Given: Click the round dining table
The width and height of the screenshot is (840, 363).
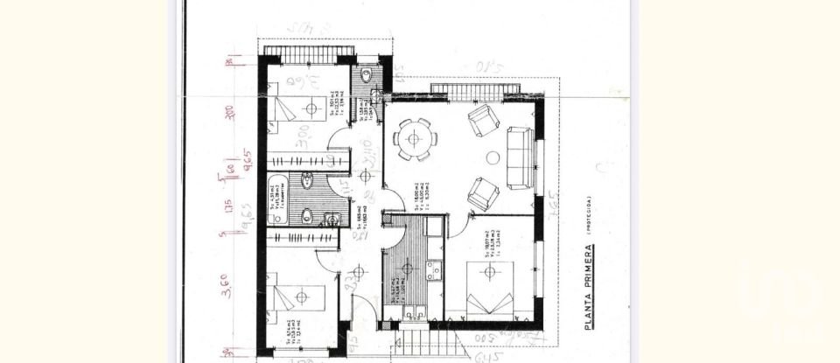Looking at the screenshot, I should click(411, 138).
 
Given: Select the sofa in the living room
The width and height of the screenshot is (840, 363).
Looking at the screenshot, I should click(521, 158).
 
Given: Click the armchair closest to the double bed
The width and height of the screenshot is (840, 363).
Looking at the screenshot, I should click(483, 192).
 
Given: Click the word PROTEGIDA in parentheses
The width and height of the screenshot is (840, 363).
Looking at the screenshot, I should click(591, 215).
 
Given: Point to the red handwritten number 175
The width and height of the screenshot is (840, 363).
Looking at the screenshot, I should click(227, 208).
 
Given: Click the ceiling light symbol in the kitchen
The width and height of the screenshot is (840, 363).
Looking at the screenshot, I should click(407, 262).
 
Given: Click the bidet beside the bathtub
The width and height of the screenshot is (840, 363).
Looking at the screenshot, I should click(309, 181).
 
